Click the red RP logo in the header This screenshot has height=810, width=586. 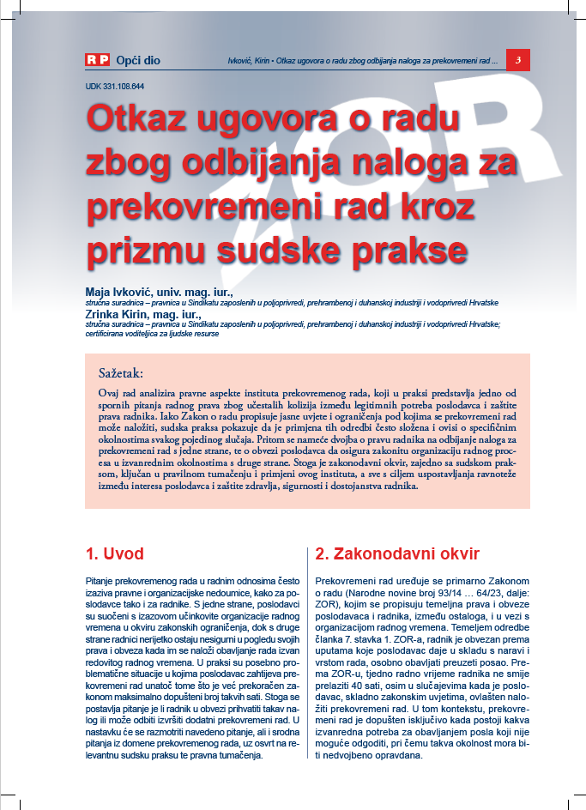click(x=97, y=60)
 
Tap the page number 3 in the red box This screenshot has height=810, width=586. click(x=518, y=60)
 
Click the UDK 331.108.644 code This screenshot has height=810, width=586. click(x=114, y=87)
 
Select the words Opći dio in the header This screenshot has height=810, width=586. click(x=137, y=61)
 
